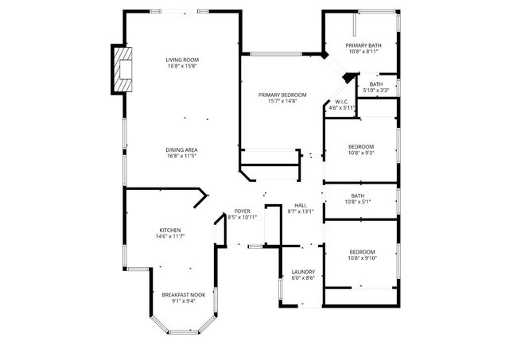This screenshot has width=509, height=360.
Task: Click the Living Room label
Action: click(182, 60)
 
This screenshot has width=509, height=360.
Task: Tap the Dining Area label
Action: click(182, 150)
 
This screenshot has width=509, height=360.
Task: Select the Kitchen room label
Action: click(169, 230)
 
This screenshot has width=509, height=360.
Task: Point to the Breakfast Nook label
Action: click(184, 295)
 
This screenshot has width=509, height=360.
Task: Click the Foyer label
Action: click(242, 211)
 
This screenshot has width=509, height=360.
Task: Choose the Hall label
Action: click(301, 205)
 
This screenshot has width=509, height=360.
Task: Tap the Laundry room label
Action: click(302, 272)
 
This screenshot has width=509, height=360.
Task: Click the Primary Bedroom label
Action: click(282, 95)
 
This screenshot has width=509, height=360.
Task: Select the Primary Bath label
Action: click(363, 45)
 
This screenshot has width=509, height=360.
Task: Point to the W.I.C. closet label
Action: click(341, 102)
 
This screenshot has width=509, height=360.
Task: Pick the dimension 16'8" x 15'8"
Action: click(182, 66)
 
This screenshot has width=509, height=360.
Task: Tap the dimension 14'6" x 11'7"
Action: click(169, 237)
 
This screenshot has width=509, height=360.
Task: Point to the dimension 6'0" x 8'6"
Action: click(302, 278)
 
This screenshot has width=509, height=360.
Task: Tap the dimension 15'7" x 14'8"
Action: click(282, 101)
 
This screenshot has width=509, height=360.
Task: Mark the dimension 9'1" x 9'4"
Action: click(184, 301)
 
